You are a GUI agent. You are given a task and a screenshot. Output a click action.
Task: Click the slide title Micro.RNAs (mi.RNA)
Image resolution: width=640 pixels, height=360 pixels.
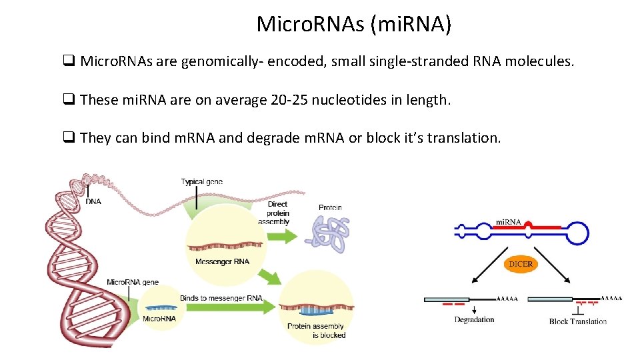354,24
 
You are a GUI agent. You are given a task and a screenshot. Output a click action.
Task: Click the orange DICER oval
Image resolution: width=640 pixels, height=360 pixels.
521,264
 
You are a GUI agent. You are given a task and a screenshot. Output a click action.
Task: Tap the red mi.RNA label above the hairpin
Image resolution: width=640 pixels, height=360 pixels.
508,221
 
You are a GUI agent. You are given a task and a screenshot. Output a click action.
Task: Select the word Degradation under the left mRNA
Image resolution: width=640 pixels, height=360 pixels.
474,320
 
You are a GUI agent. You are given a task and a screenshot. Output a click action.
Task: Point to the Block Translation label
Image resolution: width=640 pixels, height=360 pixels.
577,321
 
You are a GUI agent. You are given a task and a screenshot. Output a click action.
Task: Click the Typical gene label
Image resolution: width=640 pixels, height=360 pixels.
201,181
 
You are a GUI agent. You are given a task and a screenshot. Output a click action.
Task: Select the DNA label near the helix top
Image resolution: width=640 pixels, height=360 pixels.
93,201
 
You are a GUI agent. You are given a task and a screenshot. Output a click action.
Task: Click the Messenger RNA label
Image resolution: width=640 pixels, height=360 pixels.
222,261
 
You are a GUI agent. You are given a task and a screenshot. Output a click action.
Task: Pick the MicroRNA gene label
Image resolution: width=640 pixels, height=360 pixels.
133,282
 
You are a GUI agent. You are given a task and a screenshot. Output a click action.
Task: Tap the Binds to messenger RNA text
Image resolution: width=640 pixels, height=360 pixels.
221,298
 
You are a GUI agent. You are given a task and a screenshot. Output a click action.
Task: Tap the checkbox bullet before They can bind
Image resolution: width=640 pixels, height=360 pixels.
68,138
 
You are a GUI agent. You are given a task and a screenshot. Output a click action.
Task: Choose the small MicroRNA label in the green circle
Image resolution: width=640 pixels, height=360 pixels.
159,319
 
